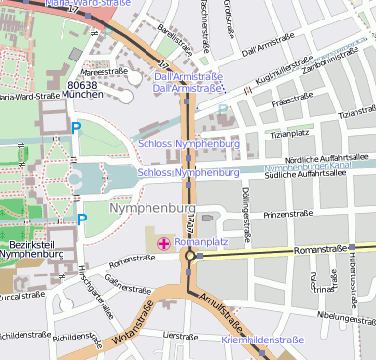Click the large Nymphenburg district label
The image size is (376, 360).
click(x=153, y=209)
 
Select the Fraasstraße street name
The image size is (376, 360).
click(x=293, y=100)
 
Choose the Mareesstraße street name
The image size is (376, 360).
click(x=105, y=71)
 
